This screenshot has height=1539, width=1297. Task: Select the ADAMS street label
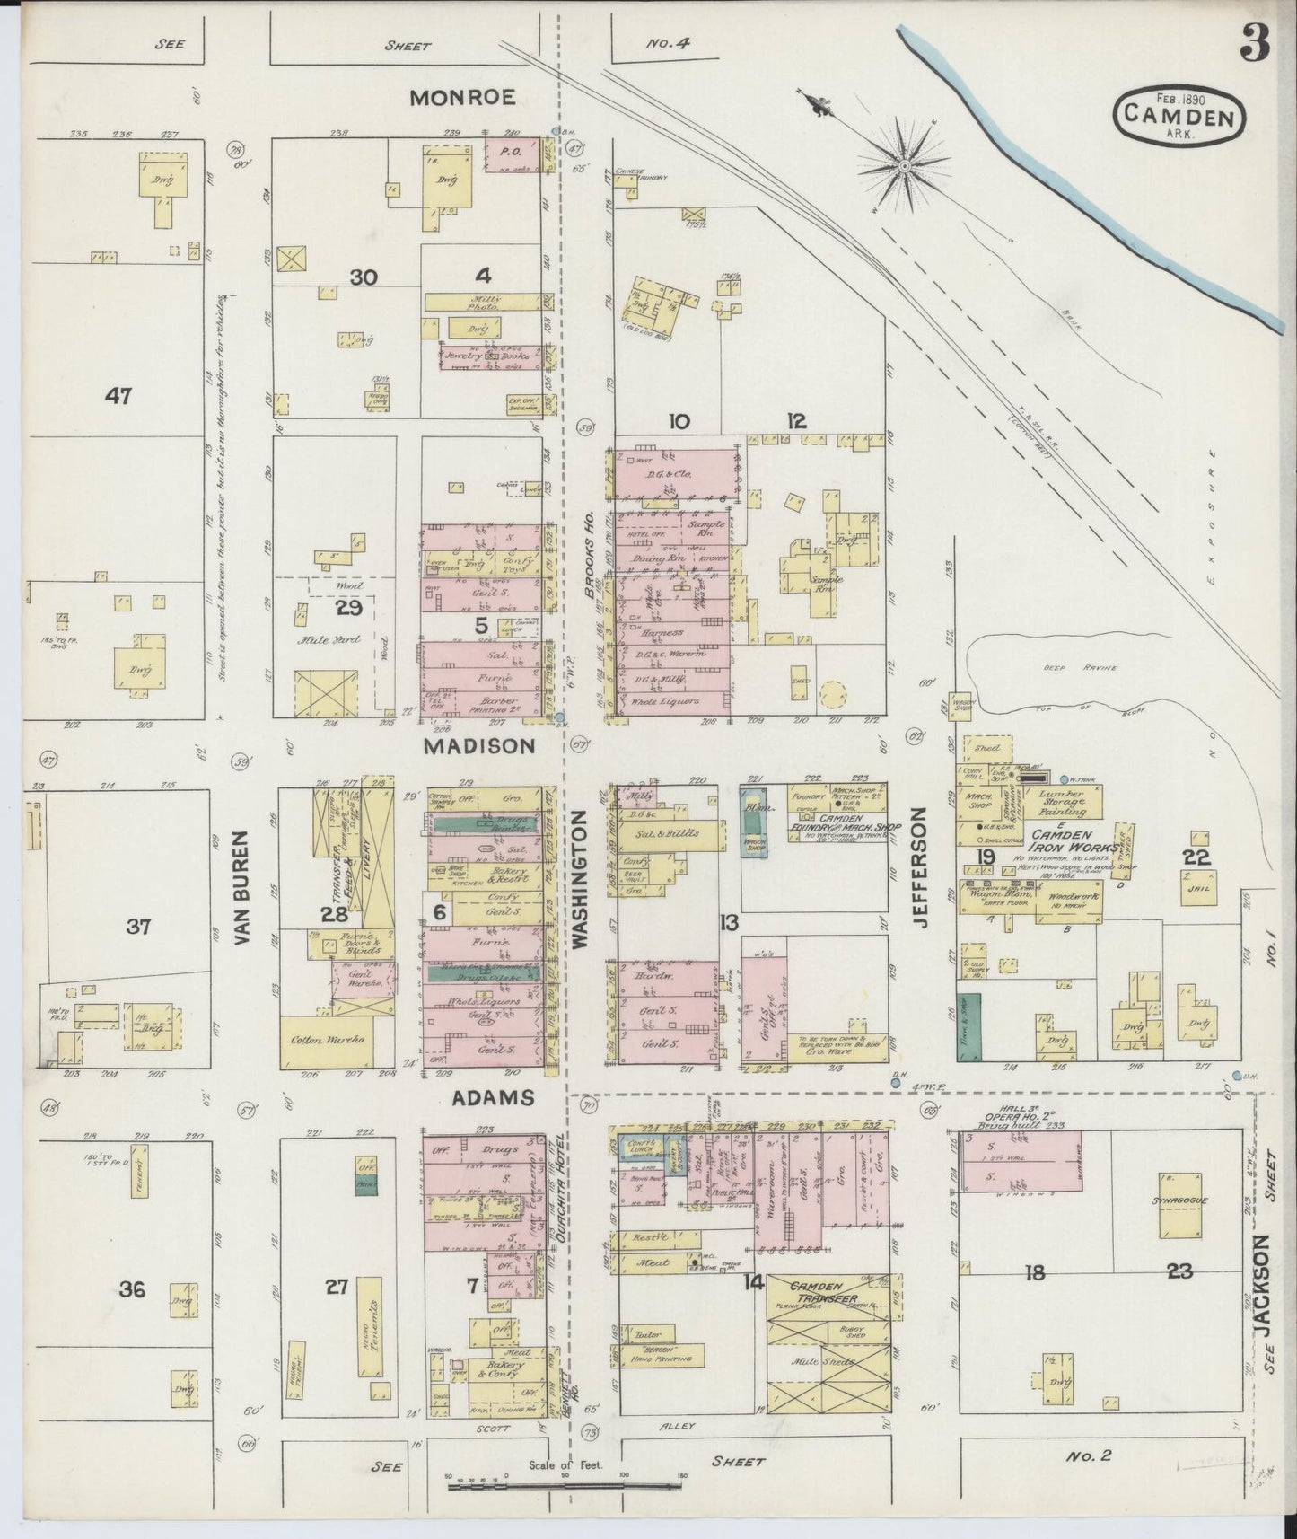pyautogui.click(x=494, y=1098)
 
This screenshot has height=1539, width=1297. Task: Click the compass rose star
pyautogui.click(x=904, y=165)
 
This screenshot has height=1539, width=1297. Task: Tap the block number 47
pyautogui.click(x=118, y=395)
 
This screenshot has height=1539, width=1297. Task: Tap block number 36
pyautogui.click(x=131, y=1289)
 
